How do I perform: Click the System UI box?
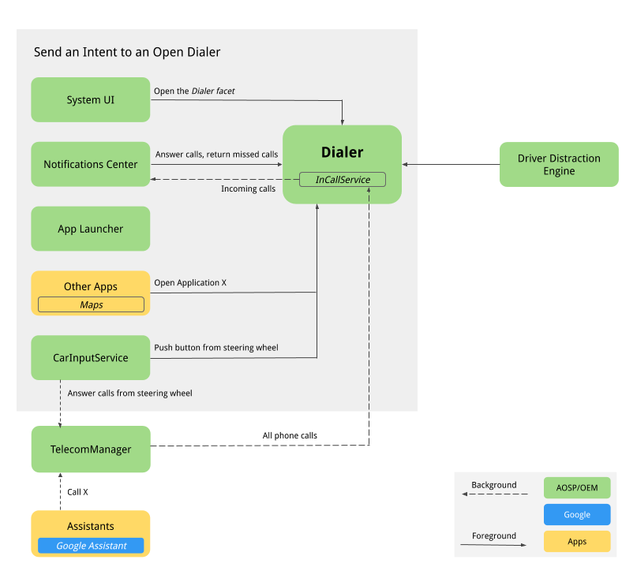90,100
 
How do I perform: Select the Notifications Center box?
90,164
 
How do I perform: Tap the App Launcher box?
90,229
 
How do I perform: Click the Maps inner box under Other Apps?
91,304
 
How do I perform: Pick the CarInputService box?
90,357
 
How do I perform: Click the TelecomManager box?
90,449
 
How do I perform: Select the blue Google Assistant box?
91,546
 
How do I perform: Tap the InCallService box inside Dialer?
343,180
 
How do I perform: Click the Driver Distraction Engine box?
559,164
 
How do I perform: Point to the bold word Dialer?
342,152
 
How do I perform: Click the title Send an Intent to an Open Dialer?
127,52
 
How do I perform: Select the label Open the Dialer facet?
194,91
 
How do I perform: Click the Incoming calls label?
248,189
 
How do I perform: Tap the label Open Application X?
190,282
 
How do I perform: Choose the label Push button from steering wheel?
216,347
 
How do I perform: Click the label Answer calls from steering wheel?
129,393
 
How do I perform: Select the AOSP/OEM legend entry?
576,488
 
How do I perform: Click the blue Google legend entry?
576,514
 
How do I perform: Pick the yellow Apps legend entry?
576,541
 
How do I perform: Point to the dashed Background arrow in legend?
494,494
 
